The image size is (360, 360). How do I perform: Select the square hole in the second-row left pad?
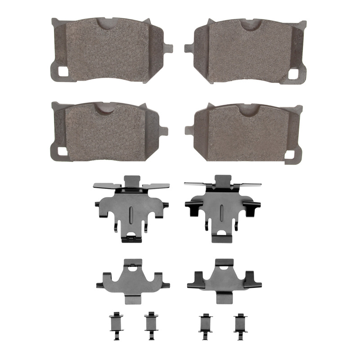coord(61,152)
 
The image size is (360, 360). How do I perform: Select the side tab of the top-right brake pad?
coord(188,45)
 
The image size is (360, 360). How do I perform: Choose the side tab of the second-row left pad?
coord(164,130)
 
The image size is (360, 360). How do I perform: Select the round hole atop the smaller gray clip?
coord(132,269)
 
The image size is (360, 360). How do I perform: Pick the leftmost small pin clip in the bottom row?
coord(114,324)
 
